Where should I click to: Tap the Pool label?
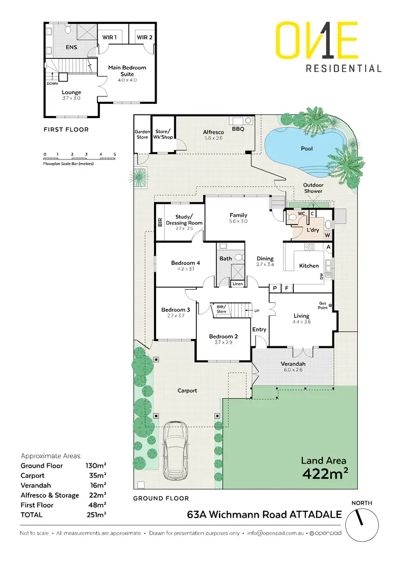[x=306, y=148]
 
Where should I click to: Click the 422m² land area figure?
[x=324, y=473]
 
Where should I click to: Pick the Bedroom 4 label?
[x=185, y=263]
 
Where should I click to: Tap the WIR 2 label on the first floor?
[x=144, y=37]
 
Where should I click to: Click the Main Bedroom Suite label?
[x=127, y=71]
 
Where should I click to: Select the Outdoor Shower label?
[x=313, y=188]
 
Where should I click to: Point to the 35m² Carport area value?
[x=98, y=476]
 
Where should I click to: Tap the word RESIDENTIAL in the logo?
[x=344, y=68]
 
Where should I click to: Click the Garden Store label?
[x=141, y=134]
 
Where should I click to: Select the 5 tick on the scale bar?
[x=114, y=154]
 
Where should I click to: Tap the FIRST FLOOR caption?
[x=66, y=129]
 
